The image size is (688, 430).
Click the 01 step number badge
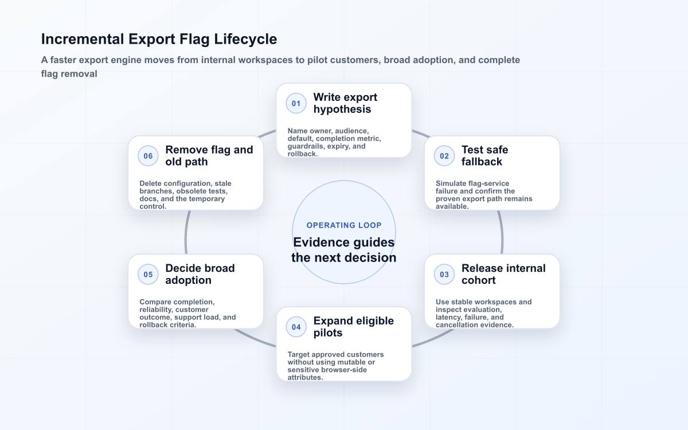coord(296,103)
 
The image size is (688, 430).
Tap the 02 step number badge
coord(444,156)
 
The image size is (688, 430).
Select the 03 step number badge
coord(444,274)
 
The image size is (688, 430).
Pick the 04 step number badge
coord(296,327)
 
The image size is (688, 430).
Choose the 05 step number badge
coord(148,274)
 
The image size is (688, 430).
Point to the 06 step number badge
coord(148,156)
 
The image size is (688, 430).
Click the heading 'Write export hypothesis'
coord(345,103)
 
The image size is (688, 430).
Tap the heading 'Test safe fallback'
coord(484,156)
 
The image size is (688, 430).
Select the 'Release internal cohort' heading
coord(503,274)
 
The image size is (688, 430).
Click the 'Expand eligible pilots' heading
coord(354,327)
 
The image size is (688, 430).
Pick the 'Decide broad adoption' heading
coord(200,274)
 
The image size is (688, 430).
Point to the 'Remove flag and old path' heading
coord(209,156)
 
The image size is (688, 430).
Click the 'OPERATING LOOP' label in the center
coord(344,225)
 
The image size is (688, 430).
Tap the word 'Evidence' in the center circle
coord(321,243)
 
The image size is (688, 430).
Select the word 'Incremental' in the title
coord(83,39)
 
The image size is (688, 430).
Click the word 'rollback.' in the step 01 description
coord(303,154)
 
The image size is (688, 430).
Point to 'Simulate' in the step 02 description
coord(451,183)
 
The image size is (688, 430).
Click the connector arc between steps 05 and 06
coord(186,233)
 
